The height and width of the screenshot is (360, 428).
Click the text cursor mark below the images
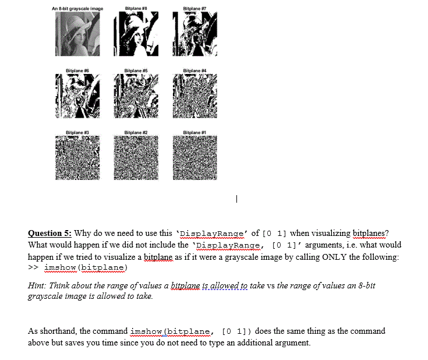(236, 199)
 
